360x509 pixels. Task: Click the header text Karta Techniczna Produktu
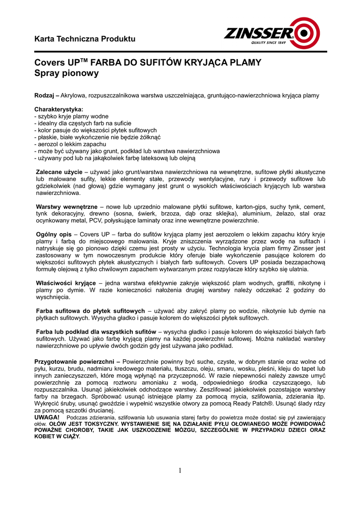[85, 39]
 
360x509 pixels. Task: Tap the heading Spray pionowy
[66, 74]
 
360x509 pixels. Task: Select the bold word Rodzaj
[44, 95]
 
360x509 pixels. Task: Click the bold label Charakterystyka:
[59, 109]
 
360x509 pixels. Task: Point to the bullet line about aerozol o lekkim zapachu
[70, 144]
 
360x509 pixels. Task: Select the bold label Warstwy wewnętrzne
[67, 206]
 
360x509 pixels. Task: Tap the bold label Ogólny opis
[53, 234]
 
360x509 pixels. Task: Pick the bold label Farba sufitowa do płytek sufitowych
[90, 311]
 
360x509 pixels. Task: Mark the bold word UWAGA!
[47, 418]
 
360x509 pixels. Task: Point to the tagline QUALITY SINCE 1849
[268, 43]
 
